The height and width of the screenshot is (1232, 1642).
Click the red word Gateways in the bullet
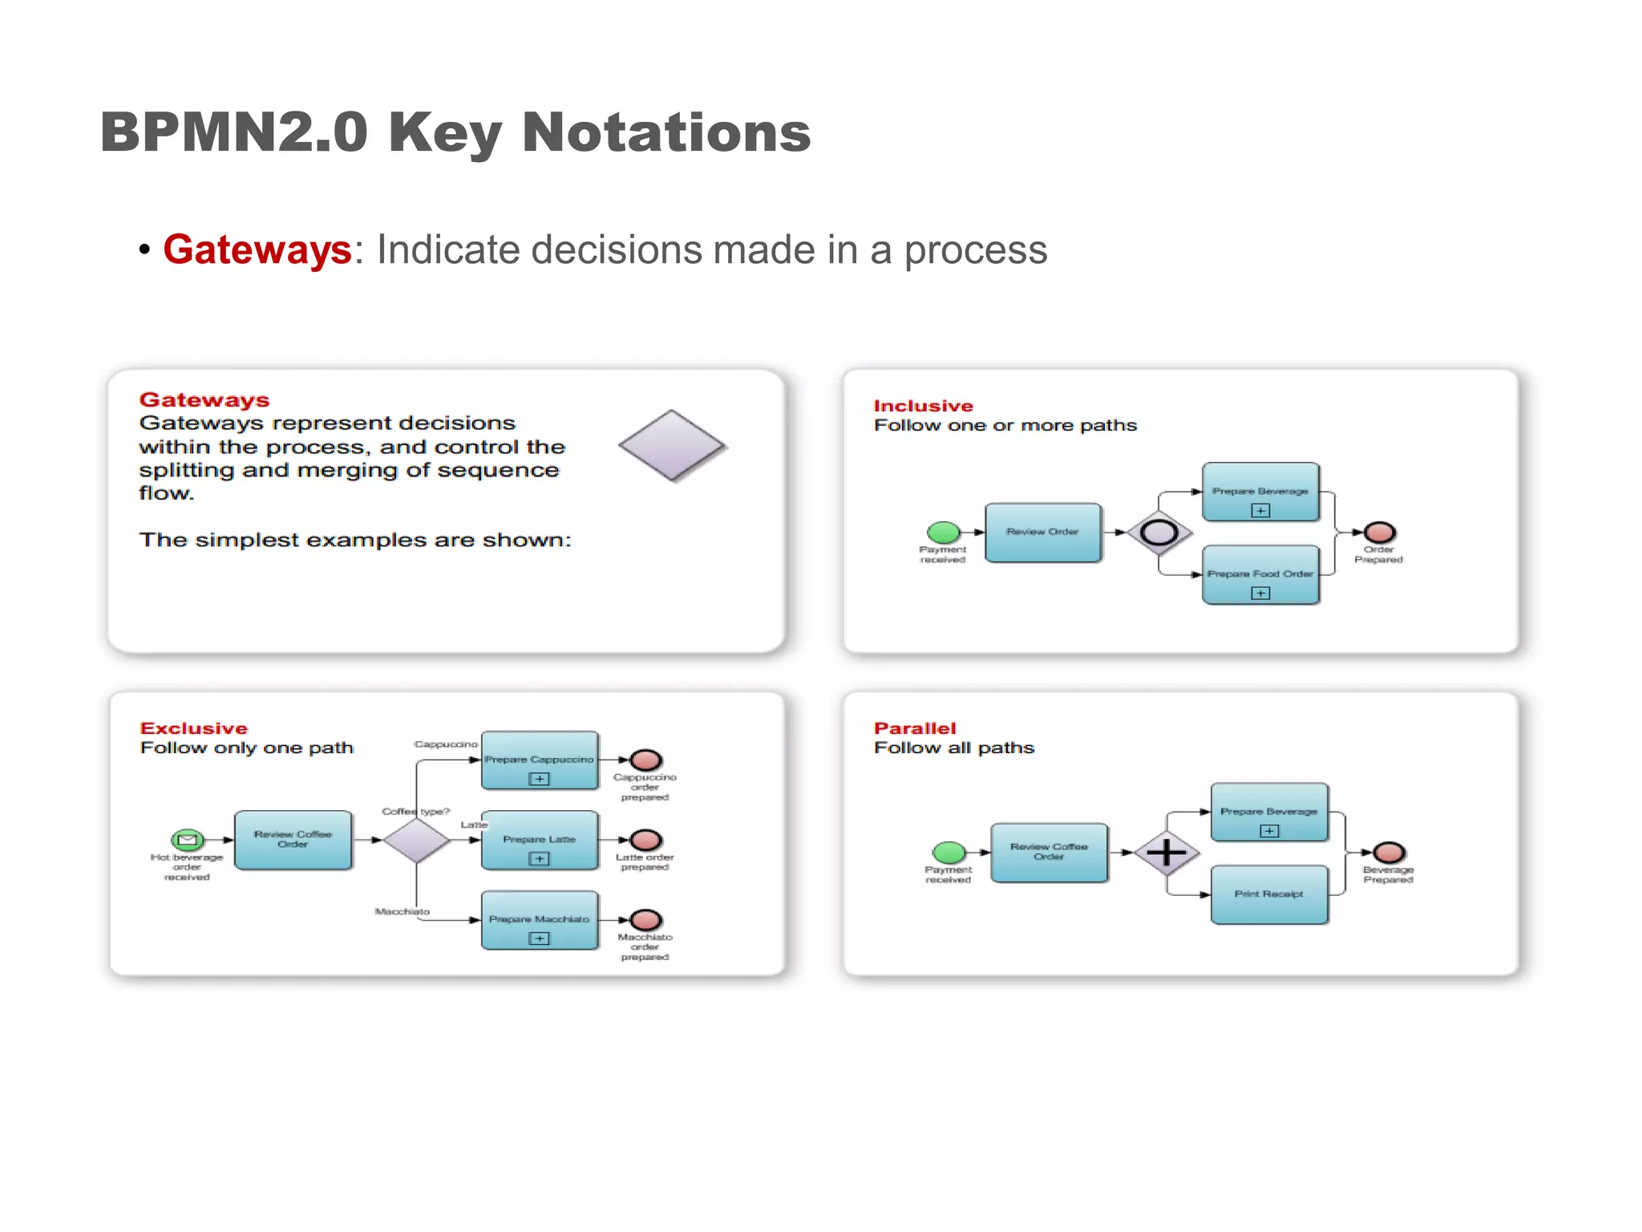click(x=257, y=249)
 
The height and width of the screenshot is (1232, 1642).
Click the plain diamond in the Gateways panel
click(x=672, y=446)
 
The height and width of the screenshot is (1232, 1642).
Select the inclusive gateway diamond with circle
click(x=1159, y=533)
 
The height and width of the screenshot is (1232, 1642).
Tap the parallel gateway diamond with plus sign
click(x=1167, y=853)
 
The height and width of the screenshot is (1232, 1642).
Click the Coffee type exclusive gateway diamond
click(x=416, y=840)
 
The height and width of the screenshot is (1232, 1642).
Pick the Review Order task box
click(x=1042, y=533)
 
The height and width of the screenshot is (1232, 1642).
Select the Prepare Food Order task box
click(x=1260, y=575)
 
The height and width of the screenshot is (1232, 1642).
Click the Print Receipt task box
click(x=1269, y=894)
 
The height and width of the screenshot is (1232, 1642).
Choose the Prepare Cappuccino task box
click(x=539, y=760)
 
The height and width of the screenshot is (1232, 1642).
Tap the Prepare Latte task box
click(x=539, y=840)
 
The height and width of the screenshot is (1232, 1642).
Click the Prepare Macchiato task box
click(x=539, y=919)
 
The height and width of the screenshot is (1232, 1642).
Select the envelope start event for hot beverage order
click(x=187, y=840)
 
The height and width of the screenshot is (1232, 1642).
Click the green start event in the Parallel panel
click(x=949, y=852)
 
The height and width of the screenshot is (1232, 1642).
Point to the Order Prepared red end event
click(x=1380, y=532)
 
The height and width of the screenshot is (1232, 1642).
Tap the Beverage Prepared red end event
click(x=1389, y=852)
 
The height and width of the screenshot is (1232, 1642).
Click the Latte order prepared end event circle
click(x=645, y=840)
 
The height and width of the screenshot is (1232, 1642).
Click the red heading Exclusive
click(x=194, y=728)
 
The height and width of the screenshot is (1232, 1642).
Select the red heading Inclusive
click(x=923, y=406)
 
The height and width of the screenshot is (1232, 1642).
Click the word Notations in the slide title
click(x=666, y=132)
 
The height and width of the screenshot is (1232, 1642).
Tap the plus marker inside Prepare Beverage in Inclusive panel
click(x=1260, y=510)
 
